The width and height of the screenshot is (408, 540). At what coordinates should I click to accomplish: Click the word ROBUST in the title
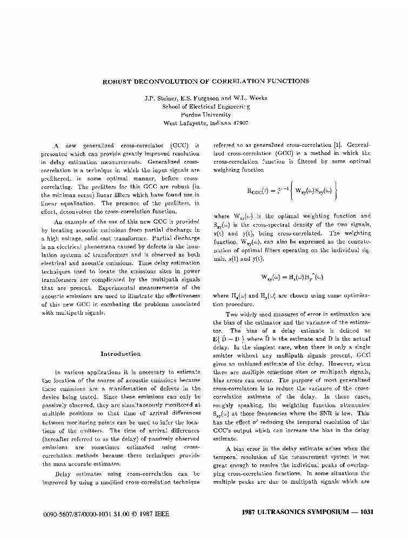[115, 82]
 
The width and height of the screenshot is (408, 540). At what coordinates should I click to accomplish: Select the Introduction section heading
[121, 354]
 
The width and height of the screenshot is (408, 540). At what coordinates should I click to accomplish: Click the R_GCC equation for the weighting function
[292, 190]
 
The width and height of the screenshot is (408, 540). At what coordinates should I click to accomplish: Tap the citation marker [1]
[337, 145]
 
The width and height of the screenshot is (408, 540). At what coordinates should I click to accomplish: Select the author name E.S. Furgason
[195, 98]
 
